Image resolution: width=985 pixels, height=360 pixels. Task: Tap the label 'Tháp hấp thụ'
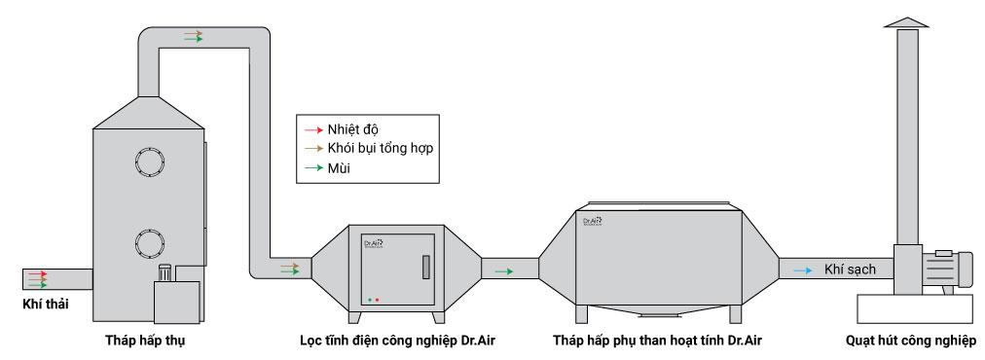point(146,341)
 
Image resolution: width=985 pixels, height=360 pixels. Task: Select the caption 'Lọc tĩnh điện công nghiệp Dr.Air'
point(395,341)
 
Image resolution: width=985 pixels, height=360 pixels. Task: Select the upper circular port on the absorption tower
point(152,162)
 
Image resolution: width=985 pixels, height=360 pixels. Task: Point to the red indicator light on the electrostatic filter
point(377,299)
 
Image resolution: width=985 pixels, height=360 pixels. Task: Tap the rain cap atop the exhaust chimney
point(907,20)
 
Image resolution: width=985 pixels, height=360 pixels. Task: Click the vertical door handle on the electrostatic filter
point(425,268)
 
